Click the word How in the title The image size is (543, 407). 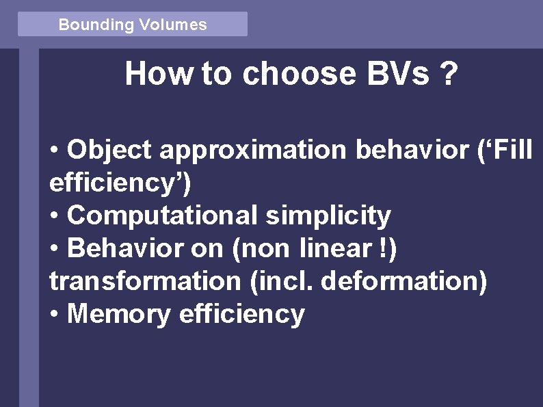(x=159, y=74)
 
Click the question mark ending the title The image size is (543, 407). (x=448, y=74)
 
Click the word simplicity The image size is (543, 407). (x=328, y=216)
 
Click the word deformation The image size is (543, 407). (x=403, y=281)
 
